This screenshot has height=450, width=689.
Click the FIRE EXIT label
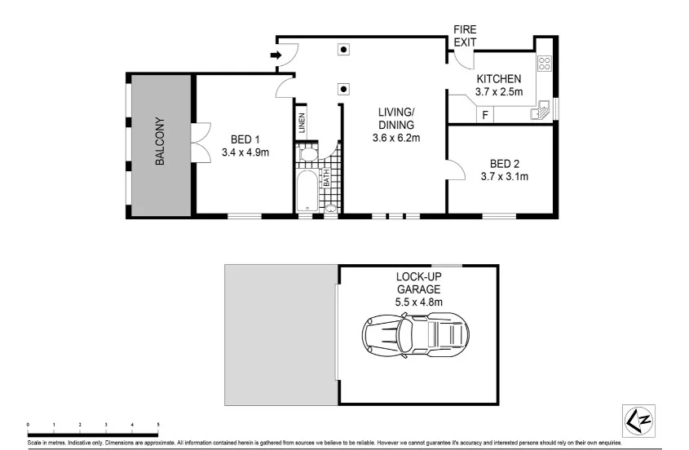coord(465,35)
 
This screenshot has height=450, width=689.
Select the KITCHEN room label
coord(498,78)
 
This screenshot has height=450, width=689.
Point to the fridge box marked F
coord(485,115)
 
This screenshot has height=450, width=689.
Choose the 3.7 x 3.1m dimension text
coord(505,176)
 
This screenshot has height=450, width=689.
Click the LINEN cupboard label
coord(302,123)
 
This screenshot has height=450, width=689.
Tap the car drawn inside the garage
coord(417,334)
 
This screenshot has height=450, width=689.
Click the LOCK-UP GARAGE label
coord(418,283)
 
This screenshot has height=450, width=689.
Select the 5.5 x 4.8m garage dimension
coord(418,302)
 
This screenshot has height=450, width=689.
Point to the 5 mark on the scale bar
coord(157,425)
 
